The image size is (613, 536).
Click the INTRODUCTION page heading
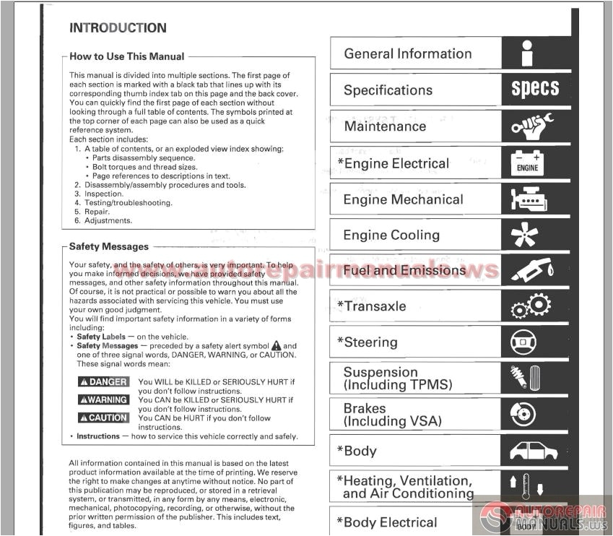pos(118,28)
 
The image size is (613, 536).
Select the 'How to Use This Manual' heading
pos(126,56)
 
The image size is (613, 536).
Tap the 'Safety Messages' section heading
pos(108,246)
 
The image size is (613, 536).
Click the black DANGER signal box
pos(103,382)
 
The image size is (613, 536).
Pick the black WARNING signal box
pos(103,400)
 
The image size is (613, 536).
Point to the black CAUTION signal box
pos(103,418)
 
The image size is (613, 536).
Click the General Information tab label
pos(407,54)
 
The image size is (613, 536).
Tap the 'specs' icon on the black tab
pos(535,90)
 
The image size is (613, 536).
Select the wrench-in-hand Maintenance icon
pos(533,126)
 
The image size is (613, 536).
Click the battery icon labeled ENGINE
pos(528,162)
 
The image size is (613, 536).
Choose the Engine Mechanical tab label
pos(403,199)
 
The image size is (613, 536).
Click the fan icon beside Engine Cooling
pos(525,235)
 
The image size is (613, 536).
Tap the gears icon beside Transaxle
pos(531,307)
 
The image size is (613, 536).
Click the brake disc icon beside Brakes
pos(523,414)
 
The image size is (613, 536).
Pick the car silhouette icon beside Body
pos(534,451)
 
